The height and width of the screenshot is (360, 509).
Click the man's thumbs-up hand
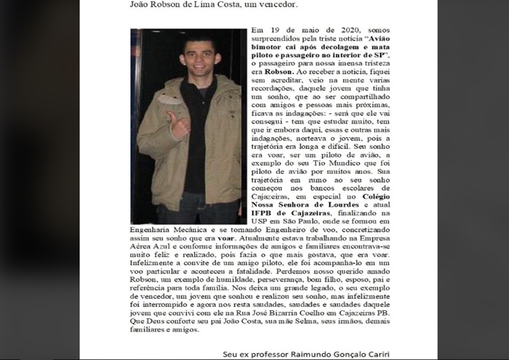click(178, 125)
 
